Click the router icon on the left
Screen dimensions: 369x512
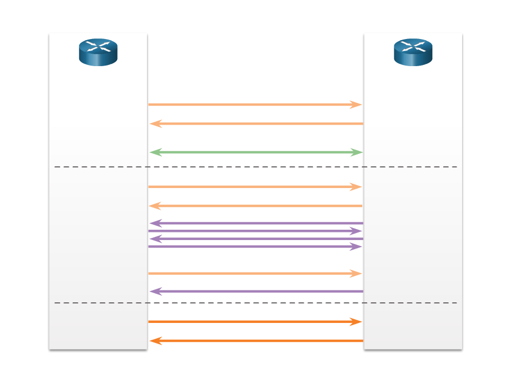pos(98,52)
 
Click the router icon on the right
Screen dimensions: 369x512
pos(413,52)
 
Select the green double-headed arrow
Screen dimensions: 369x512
pos(255,152)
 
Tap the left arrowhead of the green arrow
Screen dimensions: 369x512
pos(156,152)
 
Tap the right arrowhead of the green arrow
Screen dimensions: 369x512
pos(356,152)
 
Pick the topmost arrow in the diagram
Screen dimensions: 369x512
pos(255,104)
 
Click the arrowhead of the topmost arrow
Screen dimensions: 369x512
pos(356,104)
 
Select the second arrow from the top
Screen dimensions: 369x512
pos(255,124)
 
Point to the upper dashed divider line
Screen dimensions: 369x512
pos(255,167)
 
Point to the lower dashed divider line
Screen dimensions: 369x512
pos(255,303)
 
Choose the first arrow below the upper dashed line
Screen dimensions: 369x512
pos(255,186)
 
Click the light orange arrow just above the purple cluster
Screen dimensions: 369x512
pos(255,206)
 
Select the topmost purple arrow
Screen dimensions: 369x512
pos(255,223)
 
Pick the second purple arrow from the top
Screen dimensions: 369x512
pos(255,231)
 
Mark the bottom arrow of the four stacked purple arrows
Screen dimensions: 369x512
pos(255,247)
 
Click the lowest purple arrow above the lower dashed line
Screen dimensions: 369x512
pos(255,292)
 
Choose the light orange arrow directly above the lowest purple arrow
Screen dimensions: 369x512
pos(255,274)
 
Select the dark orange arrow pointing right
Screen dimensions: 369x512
pos(255,322)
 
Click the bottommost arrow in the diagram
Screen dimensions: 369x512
pos(255,341)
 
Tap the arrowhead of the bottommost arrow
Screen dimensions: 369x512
pos(156,341)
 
